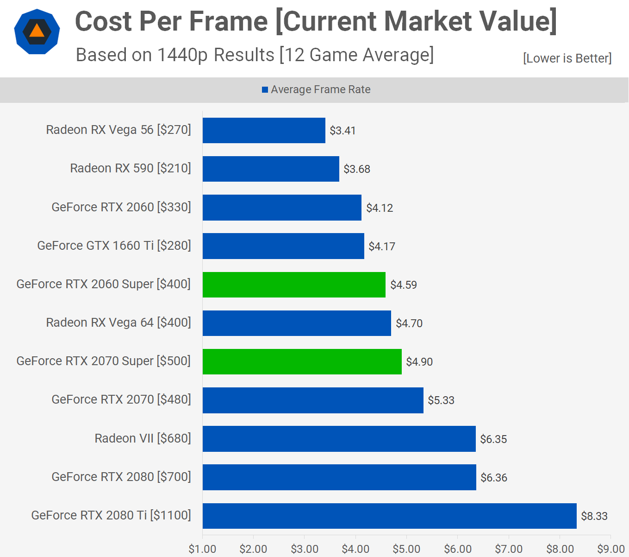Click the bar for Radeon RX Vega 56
tap(264, 130)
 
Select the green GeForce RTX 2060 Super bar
tap(294, 285)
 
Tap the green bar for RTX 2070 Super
tap(302, 361)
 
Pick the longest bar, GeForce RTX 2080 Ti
tap(389, 516)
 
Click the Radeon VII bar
tap(339, 438)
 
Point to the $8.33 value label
tap(594, 516)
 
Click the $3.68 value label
tap(357, 169)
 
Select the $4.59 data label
tap(404, 285)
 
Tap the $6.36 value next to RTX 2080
tap(494, 477)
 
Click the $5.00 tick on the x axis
tap(406, 549)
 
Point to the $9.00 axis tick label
tap(611, 549)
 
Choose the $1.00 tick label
tap(202, 549)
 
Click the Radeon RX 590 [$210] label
tap(131, 168)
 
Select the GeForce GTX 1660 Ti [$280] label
tap(114, 246)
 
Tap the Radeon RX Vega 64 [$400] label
tap(118, 323)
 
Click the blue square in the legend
tap(265, 90)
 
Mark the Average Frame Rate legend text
tap(321, 89)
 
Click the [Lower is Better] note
tap(567, 58)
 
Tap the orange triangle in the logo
tap(37, 31)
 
